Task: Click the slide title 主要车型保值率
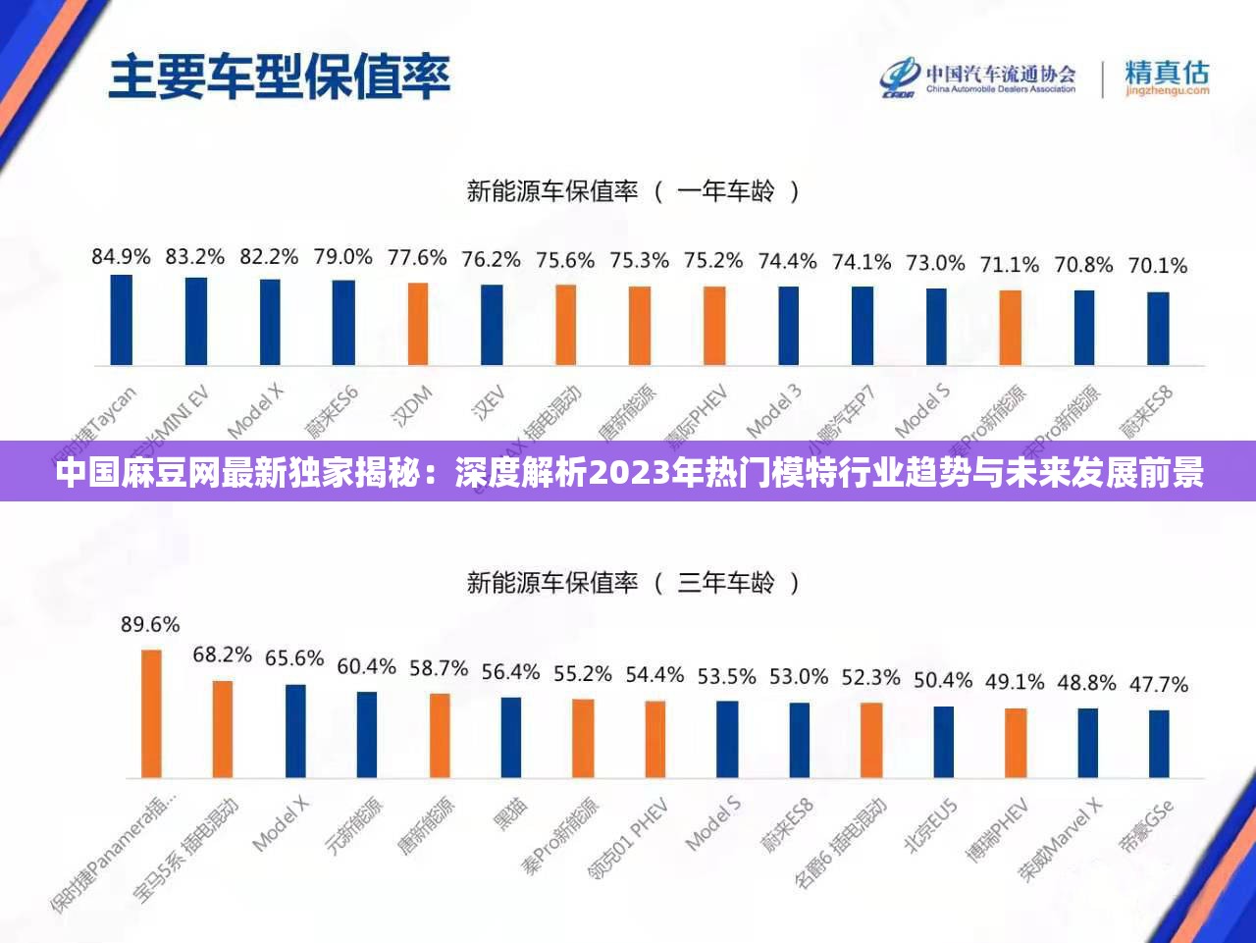click(279, 77)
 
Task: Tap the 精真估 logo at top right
click(1167, 77)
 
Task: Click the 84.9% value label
click(121, 257)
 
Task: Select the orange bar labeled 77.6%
click(418, 324)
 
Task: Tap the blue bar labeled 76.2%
click(492, 325)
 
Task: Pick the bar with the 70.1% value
click(1158, 329)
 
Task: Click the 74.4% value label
click(787, 261)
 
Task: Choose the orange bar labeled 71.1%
click(1010, 328)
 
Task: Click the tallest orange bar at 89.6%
click(151, 713)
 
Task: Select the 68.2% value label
click(222, 654)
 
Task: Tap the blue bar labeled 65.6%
click(294, 731)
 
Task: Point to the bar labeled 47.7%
click(1159, 744)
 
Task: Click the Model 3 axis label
click(774, 410)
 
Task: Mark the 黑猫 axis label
click(511, 813)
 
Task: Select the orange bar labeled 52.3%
click(870, 740)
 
